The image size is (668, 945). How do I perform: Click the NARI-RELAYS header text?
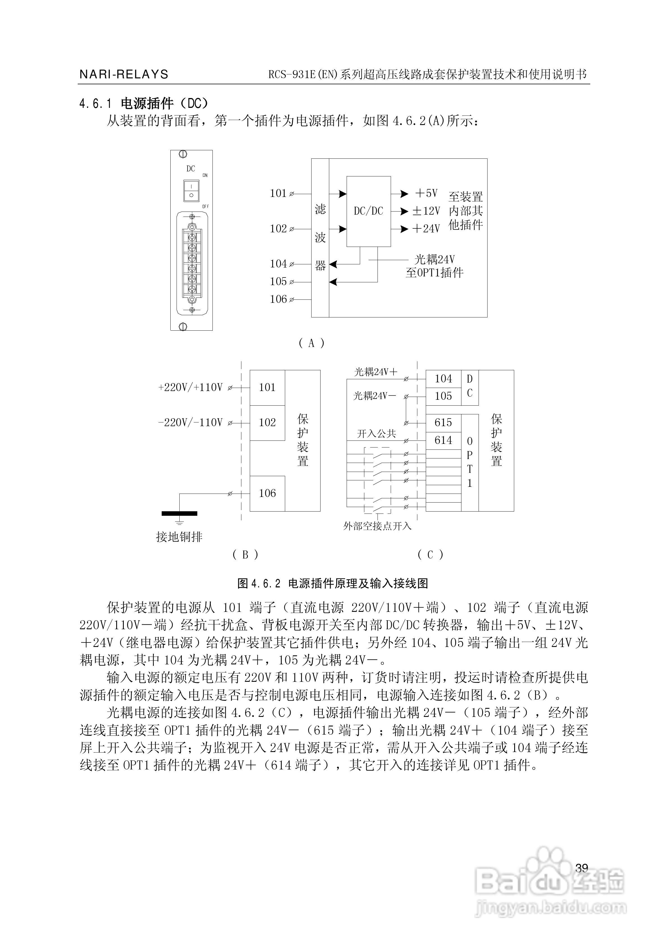point(124,74)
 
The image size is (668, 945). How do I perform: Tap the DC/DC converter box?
point(369,211)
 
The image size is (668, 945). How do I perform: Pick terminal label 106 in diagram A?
point(278,299)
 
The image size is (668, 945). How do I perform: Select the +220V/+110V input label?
point(191,387)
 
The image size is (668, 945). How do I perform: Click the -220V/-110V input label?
point(191,423)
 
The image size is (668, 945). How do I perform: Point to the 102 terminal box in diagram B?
point(267,423)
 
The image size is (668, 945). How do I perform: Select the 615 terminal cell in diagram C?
point(443,423)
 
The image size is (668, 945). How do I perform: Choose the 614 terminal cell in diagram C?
point(443,440)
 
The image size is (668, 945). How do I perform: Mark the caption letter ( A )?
point(311,343)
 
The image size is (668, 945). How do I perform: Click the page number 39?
point(582,868)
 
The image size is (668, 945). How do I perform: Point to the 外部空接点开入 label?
point(377,526)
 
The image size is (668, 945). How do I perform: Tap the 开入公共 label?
point(376,434)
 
